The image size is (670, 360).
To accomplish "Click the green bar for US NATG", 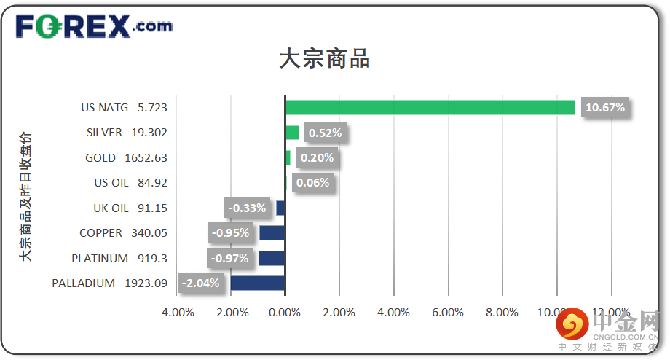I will coord(430,108).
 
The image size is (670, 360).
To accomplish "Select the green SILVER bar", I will coord(292,133).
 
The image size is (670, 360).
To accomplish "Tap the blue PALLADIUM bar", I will coord(257,283).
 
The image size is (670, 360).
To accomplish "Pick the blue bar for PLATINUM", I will coord(272,258).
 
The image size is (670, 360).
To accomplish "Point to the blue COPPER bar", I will coord(272,233).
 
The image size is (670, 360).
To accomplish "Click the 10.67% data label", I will coord(605,108).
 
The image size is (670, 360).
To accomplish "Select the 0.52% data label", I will coord(325,133).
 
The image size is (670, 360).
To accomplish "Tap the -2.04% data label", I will coord(200,283).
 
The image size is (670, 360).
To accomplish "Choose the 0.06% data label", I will coord(313,183).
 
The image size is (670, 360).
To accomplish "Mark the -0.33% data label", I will coord(247,208).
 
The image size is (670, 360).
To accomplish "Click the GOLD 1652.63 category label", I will coord(126,158).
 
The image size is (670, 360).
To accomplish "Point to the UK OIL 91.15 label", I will coord(130,208).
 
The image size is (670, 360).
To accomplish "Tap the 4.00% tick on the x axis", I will coord(393,312).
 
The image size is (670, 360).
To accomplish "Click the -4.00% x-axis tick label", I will coord(176,312).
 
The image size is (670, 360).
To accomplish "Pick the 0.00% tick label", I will coord(285,312).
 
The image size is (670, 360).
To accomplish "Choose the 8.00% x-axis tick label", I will coord(502,312).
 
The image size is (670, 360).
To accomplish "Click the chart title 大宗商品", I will coord(325,59).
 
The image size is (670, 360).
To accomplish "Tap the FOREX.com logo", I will coord(94,27).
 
